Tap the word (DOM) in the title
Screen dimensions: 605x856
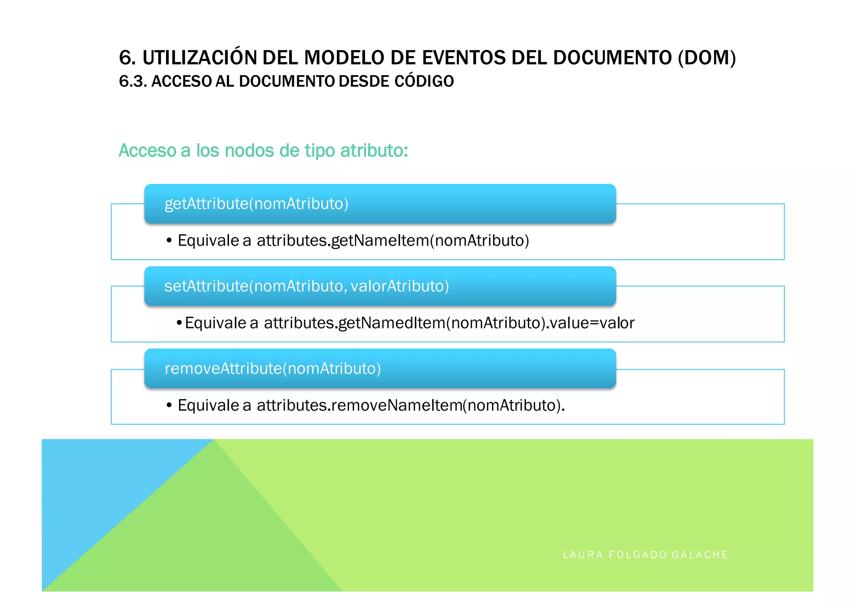coord(706,58)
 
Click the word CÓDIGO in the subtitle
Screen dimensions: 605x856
coord(424,81)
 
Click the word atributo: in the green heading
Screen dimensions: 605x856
coord(374,150)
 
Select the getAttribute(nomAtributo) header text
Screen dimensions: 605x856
coord(256,204)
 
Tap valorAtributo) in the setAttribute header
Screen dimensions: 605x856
coord(400,286)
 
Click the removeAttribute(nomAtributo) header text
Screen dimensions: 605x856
coord(273,369)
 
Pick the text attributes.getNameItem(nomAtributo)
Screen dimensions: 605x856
coord(393,241)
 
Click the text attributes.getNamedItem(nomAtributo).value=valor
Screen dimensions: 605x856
coord(449,323)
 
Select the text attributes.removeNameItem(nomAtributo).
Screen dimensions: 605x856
coord(410,405)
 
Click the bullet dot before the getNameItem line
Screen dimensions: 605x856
coord(169,241)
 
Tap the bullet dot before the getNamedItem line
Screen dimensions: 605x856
coord(179,323)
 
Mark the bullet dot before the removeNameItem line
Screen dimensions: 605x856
coord(169,405)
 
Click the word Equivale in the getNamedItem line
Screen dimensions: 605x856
coord(215,323)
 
